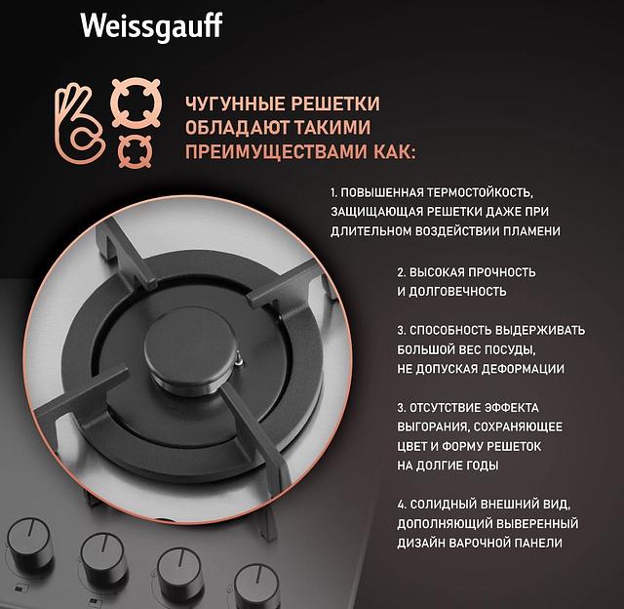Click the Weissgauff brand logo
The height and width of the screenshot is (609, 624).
click(150, 25)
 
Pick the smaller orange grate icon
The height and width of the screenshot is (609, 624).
click(135, 151)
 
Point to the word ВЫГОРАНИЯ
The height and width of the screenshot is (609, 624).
click(433, 426)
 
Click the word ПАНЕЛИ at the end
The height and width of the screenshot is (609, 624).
click(537, 543)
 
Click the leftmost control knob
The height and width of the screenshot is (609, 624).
click(28, 540)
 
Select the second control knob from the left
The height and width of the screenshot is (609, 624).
click(103, 555)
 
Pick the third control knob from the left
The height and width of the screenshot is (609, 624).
click(180, 570)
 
